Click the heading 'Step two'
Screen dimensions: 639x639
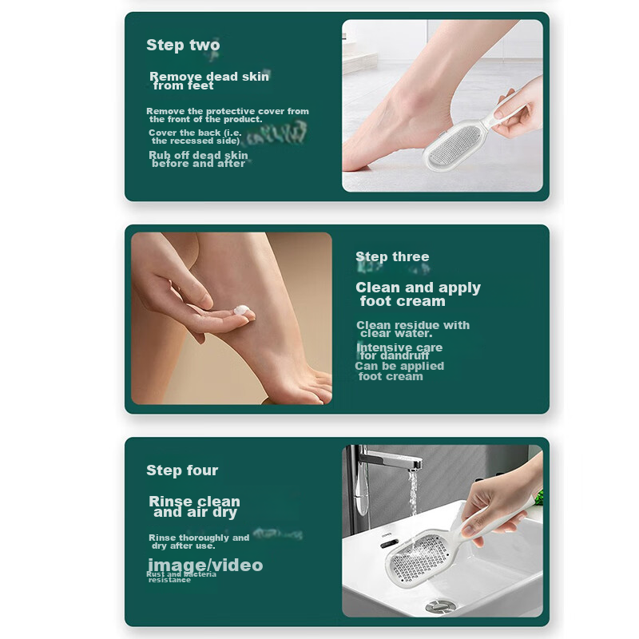click(182, 46)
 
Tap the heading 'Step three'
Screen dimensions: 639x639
click(392, 257)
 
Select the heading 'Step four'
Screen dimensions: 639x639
click(182, 470)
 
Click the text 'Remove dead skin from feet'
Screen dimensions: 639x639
click(209, 81)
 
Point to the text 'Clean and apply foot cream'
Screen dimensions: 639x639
click(418, 294)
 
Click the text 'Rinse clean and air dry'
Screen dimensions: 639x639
click(194, 507)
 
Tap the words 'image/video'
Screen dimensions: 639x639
click(204, 566)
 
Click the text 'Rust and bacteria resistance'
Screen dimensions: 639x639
click(181, 577)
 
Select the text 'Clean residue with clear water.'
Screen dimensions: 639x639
click(412, 329)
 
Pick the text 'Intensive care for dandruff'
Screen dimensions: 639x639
click(399, 351)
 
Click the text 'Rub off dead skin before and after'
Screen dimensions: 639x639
click(198, 159)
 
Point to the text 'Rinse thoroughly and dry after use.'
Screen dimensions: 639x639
click(198, 542)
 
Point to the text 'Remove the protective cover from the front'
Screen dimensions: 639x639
click(228, 115)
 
